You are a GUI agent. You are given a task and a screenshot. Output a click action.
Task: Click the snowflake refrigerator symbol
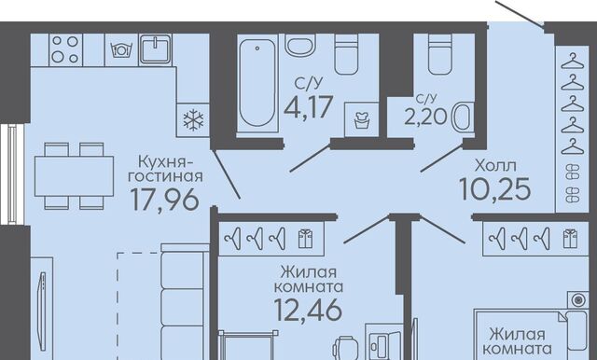(x=193, y=120)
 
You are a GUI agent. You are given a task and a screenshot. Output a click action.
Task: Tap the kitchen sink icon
(x=156, y=49)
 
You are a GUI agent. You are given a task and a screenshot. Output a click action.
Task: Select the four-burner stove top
(x=65, y=49)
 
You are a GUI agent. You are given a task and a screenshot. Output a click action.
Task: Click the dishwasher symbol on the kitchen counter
(x=120, y=49)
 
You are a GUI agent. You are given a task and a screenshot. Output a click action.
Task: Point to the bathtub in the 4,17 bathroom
(x=257, y=83)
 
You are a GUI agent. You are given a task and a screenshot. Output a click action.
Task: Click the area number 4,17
(x=309, y=107)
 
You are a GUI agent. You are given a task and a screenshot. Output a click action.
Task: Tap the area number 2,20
(x=425, y=117)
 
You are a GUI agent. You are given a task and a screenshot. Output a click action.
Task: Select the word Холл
(x=495, y=165)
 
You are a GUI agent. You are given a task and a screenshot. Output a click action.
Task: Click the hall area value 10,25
(x=495, y=189)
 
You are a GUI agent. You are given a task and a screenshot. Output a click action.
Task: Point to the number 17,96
(x=164, y=200)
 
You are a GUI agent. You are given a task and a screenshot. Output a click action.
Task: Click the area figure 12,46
(x=308, y=310)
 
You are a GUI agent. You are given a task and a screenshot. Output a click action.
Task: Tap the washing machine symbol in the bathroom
(x=361, y=119)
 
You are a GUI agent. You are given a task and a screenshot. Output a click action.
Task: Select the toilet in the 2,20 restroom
(x=439, y=54)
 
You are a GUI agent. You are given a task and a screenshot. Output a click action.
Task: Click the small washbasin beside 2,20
(x=463, y=118)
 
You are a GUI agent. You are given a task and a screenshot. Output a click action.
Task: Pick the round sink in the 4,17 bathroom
(x=300, y=46)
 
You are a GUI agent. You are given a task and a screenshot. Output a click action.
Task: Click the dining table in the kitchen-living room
(x=74, y=176)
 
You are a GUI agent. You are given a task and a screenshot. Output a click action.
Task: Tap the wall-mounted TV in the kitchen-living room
(x=42, y=303)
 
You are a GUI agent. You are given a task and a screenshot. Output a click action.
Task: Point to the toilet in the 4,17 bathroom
(x=346, y=54)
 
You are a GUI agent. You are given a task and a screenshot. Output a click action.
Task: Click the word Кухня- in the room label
(x=166, y=161)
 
